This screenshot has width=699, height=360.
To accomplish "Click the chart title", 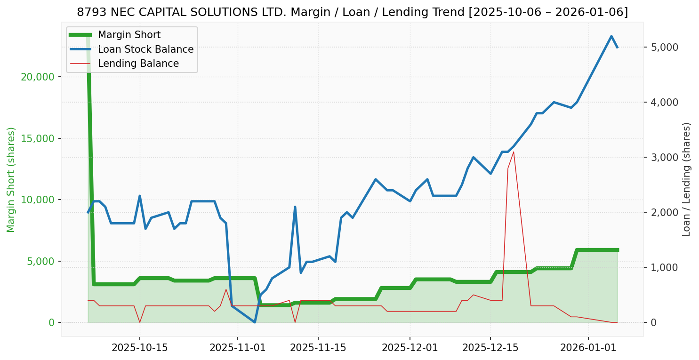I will (352, 12).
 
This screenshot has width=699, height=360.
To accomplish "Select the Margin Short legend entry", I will (129, 35).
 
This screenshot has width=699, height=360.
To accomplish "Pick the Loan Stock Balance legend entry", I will (145, 49).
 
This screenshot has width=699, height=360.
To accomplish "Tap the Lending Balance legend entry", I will (138, 64).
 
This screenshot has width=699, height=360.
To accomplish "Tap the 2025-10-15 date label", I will (139, 348).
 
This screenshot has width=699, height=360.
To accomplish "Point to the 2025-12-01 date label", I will (410, 348).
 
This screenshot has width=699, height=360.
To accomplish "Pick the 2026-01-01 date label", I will (588, 348).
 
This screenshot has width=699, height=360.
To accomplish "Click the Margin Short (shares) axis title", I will (11, 180).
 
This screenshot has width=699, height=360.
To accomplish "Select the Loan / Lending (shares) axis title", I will (687, 180).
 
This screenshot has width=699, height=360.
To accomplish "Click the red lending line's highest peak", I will (514, 152).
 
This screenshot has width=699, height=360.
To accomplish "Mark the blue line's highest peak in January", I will (611, 36).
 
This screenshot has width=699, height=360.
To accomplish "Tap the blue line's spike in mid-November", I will (295, 207).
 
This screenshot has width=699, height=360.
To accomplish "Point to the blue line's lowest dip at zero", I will (255, 322).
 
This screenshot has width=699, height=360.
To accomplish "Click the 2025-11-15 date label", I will (318, 348).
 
